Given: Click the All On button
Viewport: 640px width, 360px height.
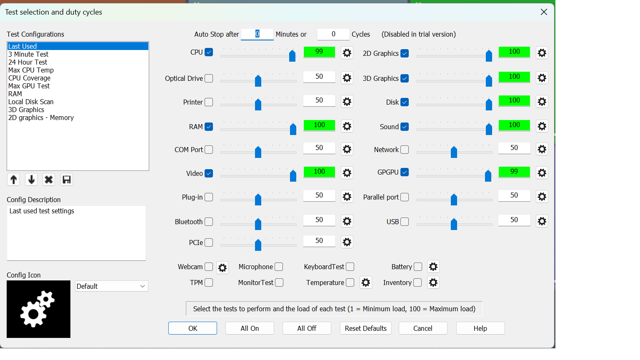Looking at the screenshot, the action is [x=250, y=328].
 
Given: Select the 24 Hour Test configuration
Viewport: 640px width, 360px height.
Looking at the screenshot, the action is [x=28, y=62].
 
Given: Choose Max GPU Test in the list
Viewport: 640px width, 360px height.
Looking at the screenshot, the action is [x=29, y=86].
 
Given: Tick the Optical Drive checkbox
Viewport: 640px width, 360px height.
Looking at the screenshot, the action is [x=209, y=78].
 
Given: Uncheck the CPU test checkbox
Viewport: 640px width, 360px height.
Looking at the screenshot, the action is [x=209, y=52].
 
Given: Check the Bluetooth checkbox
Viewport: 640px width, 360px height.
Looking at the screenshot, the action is [x=209, y=222].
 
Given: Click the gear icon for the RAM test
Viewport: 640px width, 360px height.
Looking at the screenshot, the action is [x=347, y=126].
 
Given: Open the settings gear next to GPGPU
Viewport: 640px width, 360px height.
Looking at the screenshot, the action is [x=542, y=173].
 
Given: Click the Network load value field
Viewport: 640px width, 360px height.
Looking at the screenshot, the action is [x=514, y=148].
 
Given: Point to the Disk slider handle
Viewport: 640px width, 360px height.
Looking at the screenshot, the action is [x=489, y=104].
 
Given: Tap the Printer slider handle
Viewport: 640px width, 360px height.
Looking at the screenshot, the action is [x=258, y=104].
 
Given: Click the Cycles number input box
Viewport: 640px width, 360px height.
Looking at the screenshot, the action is [x=333, y=34].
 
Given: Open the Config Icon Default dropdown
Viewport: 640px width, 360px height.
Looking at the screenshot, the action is [x=111, y=286].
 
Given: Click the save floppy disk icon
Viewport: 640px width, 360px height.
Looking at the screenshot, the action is [x=67, y=180].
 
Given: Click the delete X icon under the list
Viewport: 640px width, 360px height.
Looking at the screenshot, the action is [x=49, y=180].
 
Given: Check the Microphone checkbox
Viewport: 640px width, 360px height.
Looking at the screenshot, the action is [x=279, y=267].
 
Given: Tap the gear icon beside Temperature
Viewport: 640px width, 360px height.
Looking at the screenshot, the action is [x=366, y=282].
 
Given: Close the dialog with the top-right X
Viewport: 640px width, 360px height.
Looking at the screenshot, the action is [x=544, y=12].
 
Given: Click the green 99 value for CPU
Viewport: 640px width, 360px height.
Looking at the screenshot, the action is [x=319, y=52].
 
